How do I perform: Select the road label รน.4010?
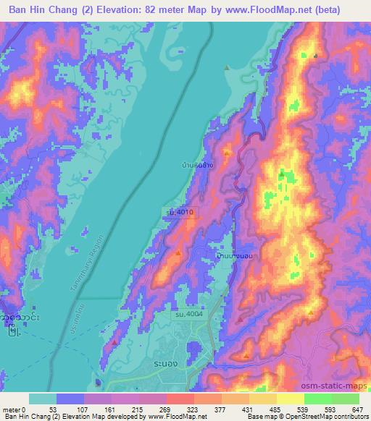click(178, 213)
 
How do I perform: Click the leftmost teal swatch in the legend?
click(43, 399)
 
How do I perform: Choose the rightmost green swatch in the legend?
click(345, 399)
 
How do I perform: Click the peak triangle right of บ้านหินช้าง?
click(228, 153)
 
